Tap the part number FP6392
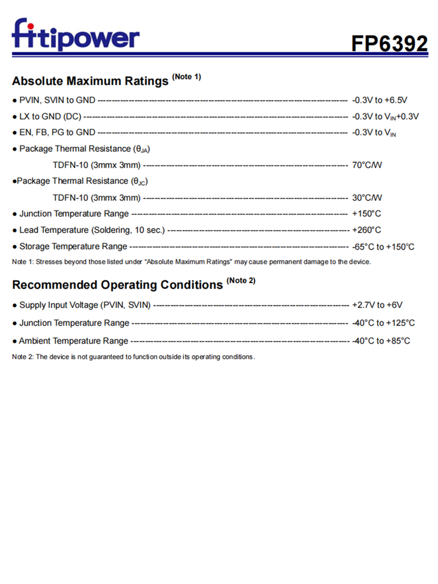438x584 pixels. point(389,43)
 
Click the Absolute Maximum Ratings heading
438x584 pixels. point(91,81)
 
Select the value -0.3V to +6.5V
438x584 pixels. point(380,100)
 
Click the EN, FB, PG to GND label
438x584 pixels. point(57,133)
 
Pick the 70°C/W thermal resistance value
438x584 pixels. point(367,165)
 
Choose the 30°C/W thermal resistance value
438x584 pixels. point(367,197)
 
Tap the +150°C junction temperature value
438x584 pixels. point(367,214)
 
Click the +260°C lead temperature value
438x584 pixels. point(367,230)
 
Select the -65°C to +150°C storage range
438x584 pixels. point(383,246)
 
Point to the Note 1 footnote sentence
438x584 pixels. point(191,262)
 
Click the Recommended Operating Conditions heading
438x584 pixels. point(117,285)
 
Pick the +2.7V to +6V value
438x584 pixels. point(377,305)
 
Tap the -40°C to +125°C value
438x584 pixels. point(383,323)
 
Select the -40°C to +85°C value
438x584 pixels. point(381,340)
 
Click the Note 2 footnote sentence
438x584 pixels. point(133,357)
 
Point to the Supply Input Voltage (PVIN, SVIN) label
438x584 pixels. point(85,305)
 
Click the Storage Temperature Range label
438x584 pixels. point(73,246)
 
